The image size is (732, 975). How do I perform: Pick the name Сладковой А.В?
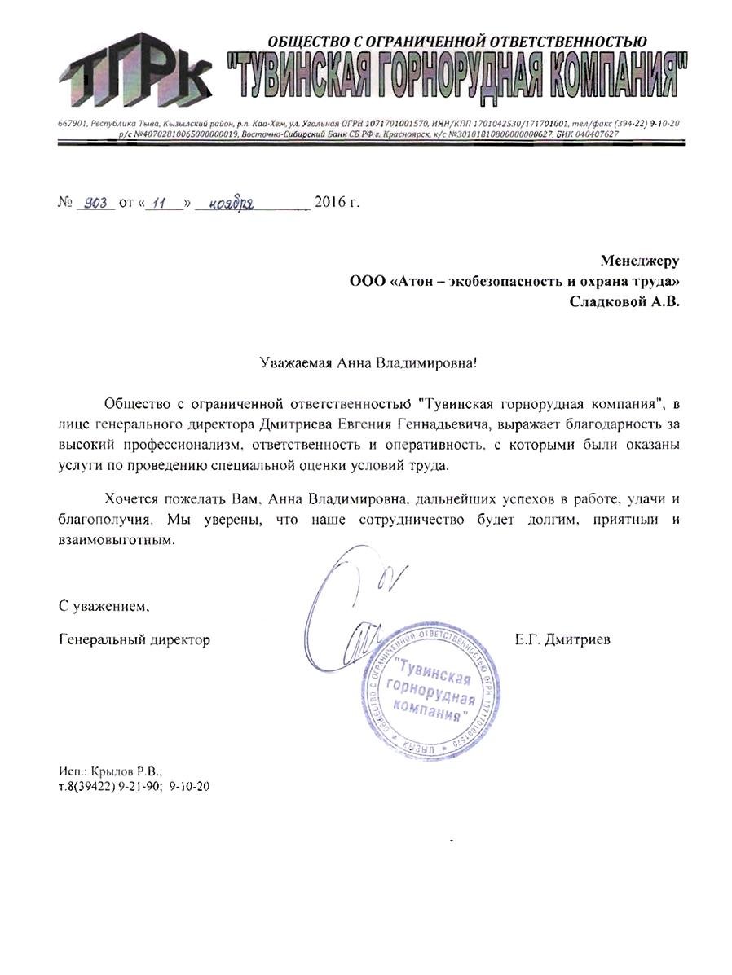point(624,301)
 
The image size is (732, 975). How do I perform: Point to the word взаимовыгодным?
point(117,540)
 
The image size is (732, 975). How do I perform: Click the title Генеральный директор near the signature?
point(134,640)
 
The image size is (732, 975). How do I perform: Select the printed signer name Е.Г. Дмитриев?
point(562,640)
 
